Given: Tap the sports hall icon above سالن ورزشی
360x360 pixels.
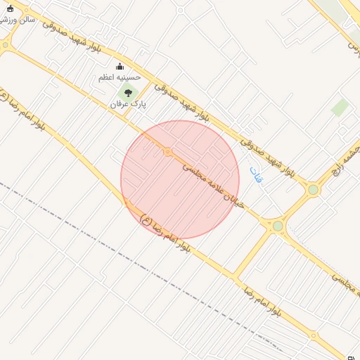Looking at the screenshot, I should pos(9,8).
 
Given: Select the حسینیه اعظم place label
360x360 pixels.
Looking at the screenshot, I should pos(119,77).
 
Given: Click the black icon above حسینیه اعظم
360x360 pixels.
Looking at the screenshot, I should pos(119,67).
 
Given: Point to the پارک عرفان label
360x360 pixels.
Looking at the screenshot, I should pos(127,103).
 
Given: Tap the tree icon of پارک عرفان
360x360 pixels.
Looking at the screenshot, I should pos(127,93).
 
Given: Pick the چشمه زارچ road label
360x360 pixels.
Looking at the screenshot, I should pos(347,161).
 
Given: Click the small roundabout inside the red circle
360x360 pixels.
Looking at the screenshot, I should pos(167,152).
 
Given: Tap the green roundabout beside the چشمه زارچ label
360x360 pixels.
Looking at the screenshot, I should pos(313,189).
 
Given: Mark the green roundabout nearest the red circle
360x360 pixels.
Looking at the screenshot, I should pos(278,226).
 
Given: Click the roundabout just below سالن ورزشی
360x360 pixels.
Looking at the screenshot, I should pos(6,45).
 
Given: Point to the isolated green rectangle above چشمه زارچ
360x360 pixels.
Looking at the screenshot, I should pos(340,108).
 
